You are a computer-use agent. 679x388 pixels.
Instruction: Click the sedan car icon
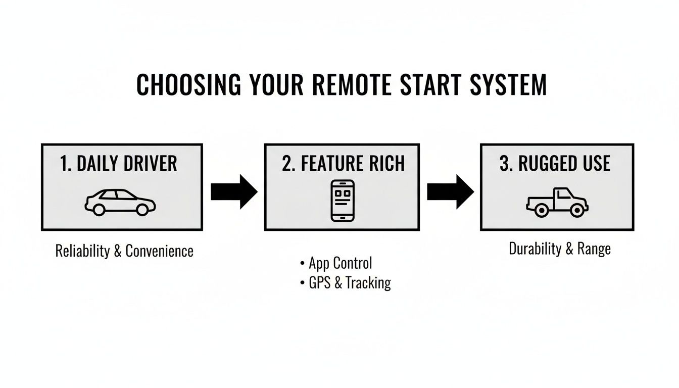tap(120, 202)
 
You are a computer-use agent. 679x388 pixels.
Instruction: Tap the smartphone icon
tap(342, 201)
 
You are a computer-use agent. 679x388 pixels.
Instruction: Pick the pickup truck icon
tap(557, 202)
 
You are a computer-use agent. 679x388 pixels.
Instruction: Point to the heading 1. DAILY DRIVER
tap(119, 164)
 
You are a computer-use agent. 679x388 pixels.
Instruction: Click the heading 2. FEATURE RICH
tap(343, 164)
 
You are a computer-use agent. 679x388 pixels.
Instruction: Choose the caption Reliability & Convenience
tap(124, 251)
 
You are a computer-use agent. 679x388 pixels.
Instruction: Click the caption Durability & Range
tap(560, 249)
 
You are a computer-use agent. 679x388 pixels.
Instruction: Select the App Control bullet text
tap(340, 263)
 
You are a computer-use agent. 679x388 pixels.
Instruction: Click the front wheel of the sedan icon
tap(143, 209)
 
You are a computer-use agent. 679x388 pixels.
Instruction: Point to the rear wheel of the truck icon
tap(540, 210)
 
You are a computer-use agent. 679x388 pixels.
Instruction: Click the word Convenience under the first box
tap(159, 251)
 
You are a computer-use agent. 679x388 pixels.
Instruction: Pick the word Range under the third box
tap(594, 249)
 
